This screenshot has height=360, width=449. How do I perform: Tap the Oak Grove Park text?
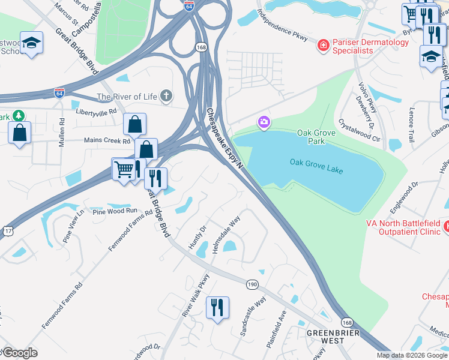[x=311, y=137]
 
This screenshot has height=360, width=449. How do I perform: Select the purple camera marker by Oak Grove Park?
[x=264, y=123]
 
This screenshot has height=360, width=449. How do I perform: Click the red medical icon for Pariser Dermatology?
[x=324, y=44]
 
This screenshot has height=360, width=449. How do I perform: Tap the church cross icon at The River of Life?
[x=166, y=96]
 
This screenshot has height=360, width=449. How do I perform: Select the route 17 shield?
[x=6, y=230]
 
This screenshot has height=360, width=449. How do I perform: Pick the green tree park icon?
[x=19, y=115]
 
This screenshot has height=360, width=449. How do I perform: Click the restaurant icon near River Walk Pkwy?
[x=217, y=308]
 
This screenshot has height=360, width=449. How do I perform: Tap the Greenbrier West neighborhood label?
[x=325, y=336]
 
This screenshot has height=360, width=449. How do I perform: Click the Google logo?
[x=20, y=353]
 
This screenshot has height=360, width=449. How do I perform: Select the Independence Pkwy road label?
[x=282, y=26]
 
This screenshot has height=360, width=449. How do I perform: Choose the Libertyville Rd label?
[x=95, y=112]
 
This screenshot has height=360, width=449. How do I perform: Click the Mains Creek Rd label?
[x=106, y=142]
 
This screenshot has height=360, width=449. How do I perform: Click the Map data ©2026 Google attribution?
[x=412, y=355]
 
